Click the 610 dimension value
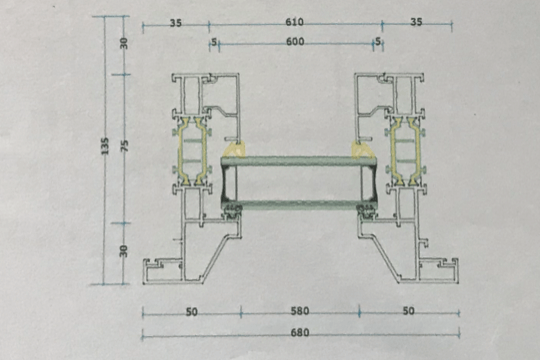[294, 22]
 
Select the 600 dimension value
[295, 42]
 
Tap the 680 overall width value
[300, 333]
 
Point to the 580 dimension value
[300, 311]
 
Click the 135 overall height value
[105, 146]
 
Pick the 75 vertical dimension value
[125, 146]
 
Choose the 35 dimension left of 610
[176, 23]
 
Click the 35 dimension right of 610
[416, 22]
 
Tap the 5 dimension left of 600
[214, 42]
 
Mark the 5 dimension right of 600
[378, 42]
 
